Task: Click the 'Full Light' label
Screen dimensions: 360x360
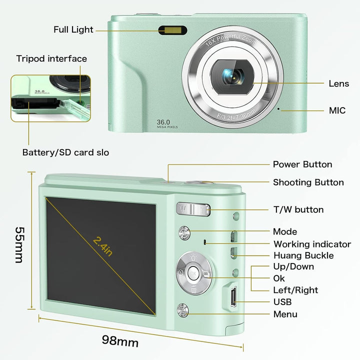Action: coord(73,29)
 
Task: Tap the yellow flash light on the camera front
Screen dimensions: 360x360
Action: coord(173,30)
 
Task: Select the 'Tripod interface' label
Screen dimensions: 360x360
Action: coord(51,58)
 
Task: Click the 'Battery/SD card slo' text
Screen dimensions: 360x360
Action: coord(65,152)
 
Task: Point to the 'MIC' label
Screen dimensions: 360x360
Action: coord(336,110)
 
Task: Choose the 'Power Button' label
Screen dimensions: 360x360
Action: coord(302,164)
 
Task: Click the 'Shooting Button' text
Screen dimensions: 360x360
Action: coord(308,182)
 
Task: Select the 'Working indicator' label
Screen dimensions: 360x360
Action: coord(312,244)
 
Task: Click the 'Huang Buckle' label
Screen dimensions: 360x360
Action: coord(303,255)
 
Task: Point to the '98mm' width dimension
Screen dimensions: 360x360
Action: coord(120,341)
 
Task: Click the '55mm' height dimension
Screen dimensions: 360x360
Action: coord(19,245)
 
